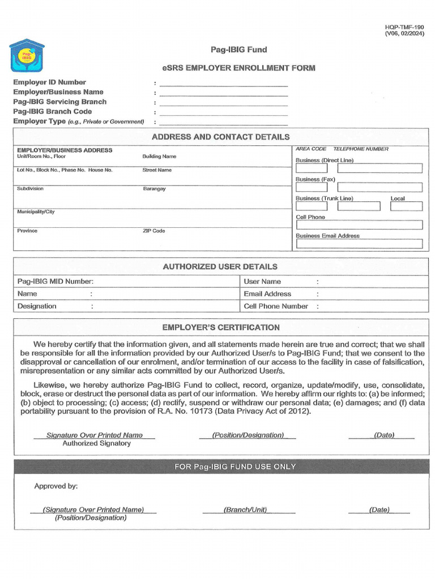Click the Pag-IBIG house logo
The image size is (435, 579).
[27, 57]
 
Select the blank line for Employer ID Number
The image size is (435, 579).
[223, 83]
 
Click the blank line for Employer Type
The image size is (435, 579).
[223, 122]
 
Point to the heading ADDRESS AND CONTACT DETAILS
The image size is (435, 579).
[220, 137]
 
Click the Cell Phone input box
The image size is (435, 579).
[359, 225]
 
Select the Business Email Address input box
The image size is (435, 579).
[359, 244]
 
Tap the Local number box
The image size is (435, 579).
[406, 206]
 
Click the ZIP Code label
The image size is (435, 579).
[153, 231]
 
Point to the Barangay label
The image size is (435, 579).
[154, 189]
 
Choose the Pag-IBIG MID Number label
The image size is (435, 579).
[56, 282]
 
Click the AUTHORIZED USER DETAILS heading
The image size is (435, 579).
[220, 266]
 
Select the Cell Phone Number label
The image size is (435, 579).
[276, 306]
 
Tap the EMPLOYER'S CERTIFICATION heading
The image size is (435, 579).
[221, 327]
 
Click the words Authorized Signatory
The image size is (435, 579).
[96, 443]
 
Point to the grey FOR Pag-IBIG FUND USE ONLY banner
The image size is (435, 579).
[226, 466]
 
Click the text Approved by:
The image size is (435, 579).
[56, 486]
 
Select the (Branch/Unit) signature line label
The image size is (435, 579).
[245, 509]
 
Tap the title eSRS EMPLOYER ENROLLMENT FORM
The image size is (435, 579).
[238, 68]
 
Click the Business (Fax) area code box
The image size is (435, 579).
[308, 187]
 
